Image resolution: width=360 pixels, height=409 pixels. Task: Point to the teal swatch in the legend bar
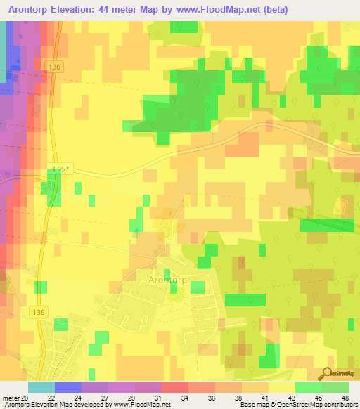click(41, 387)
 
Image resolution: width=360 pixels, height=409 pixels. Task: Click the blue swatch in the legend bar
click(67, 387)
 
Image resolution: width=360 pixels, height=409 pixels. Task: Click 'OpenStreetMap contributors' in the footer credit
click(321, 405)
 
